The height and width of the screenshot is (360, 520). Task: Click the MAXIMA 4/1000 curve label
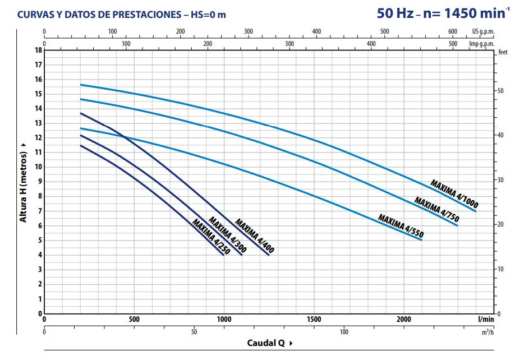pyautogui.click(x=454, y=193)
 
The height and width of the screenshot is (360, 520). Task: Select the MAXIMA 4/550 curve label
pyautogui.click(x=401, y=226)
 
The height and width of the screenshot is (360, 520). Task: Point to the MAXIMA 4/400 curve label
pyautogui.click(x=256, y=234)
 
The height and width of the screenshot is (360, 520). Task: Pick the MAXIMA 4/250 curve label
pyautogui.click(x=211, y=237)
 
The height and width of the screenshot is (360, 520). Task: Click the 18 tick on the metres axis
pyautogui.click(x=38, y=50)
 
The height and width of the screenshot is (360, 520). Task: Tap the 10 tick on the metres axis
pyautogui.click(x=38, y=167)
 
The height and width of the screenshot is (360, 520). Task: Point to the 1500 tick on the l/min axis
pyautogui.click(x=314, y=320)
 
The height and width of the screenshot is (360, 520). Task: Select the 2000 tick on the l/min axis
pyautogui.click(x=404, y=320)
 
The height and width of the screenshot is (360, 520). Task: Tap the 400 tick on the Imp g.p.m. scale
pyautogui.click(x=371, y=43)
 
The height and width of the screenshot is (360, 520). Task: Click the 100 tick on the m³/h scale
pyautogui.click(x=343, y=331)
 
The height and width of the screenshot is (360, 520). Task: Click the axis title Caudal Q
pyautogui.click(x=267, y=343)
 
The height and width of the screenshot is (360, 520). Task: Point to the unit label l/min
pyautogui.click(x=486, y=319)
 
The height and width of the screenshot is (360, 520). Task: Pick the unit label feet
pyautogui.click(x=502, y=52)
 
